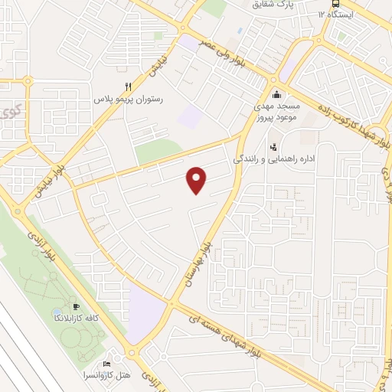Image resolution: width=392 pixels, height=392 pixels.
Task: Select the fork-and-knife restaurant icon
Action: (128, 87)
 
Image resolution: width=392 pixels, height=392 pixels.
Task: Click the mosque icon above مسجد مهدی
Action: (277, 93)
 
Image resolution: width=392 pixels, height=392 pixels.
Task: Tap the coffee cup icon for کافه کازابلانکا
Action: (75, 306)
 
